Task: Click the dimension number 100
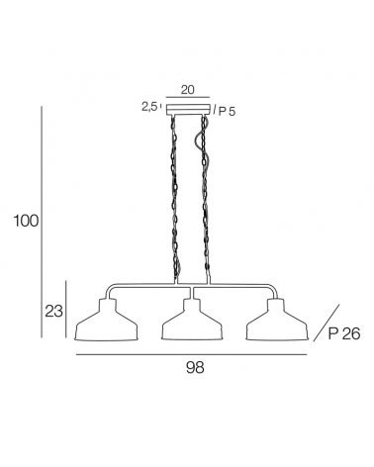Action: [26, 221]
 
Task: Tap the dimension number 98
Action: [195, 367]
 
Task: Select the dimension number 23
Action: [53, 311]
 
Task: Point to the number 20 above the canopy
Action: [188, 90]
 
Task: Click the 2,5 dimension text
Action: [150, 107]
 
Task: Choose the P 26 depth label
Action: [344, 334]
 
